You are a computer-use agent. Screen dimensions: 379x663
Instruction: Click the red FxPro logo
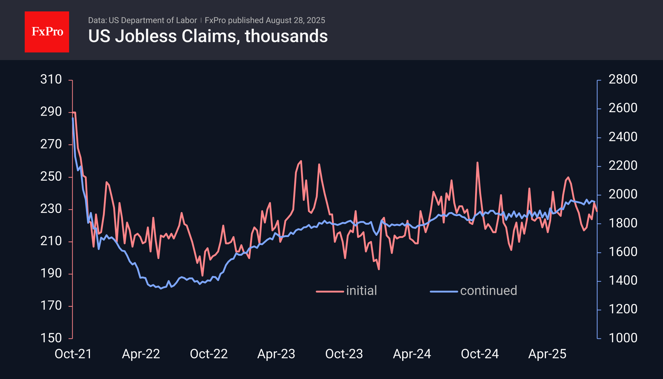47,32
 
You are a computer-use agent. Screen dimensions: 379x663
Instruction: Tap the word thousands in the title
286,36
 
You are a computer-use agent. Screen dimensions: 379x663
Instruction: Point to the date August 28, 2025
295,20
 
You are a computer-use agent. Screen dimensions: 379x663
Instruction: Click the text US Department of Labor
153,20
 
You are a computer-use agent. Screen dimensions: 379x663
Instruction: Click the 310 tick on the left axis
51,79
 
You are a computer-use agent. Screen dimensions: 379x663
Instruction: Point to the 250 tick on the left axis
51,176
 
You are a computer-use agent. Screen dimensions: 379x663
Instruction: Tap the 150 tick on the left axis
51,338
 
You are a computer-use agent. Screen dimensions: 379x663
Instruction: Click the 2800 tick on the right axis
623,79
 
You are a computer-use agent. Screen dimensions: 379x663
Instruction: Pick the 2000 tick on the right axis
623,194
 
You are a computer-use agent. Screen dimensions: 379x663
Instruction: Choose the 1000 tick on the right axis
623,338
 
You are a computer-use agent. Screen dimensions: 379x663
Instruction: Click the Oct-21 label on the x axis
73,354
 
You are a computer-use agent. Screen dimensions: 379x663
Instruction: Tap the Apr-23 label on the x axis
276,354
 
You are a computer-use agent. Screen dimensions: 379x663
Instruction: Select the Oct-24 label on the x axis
480,354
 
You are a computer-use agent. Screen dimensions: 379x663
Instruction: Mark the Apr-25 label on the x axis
547,354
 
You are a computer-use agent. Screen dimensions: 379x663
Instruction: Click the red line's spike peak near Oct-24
477,163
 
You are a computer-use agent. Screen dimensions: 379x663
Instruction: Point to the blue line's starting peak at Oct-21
73,118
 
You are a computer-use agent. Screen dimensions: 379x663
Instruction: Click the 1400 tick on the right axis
623,280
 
